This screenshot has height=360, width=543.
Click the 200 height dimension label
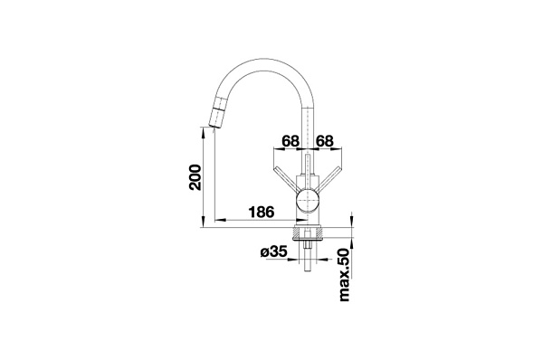point(195,177)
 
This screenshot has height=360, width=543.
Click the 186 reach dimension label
point(262,212)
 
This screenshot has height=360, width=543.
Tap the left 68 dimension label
point(291,141)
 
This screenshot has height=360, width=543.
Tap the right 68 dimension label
point(325,141)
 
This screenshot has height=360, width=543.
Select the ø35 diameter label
point(273,251)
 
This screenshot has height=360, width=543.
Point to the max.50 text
point(345,275)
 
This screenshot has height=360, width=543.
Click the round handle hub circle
point(307,201)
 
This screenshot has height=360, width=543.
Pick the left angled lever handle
point(286,179)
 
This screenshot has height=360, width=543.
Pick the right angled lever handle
point(328,179)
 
